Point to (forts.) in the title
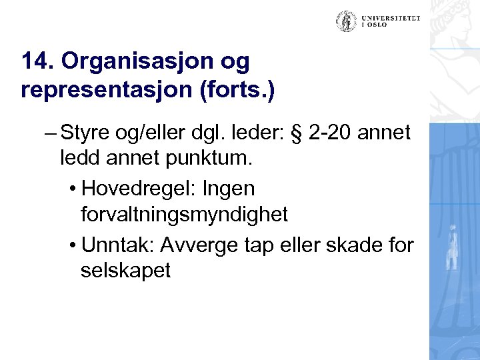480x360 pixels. pos(234,89)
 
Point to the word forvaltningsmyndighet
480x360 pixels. pos(184,215)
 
